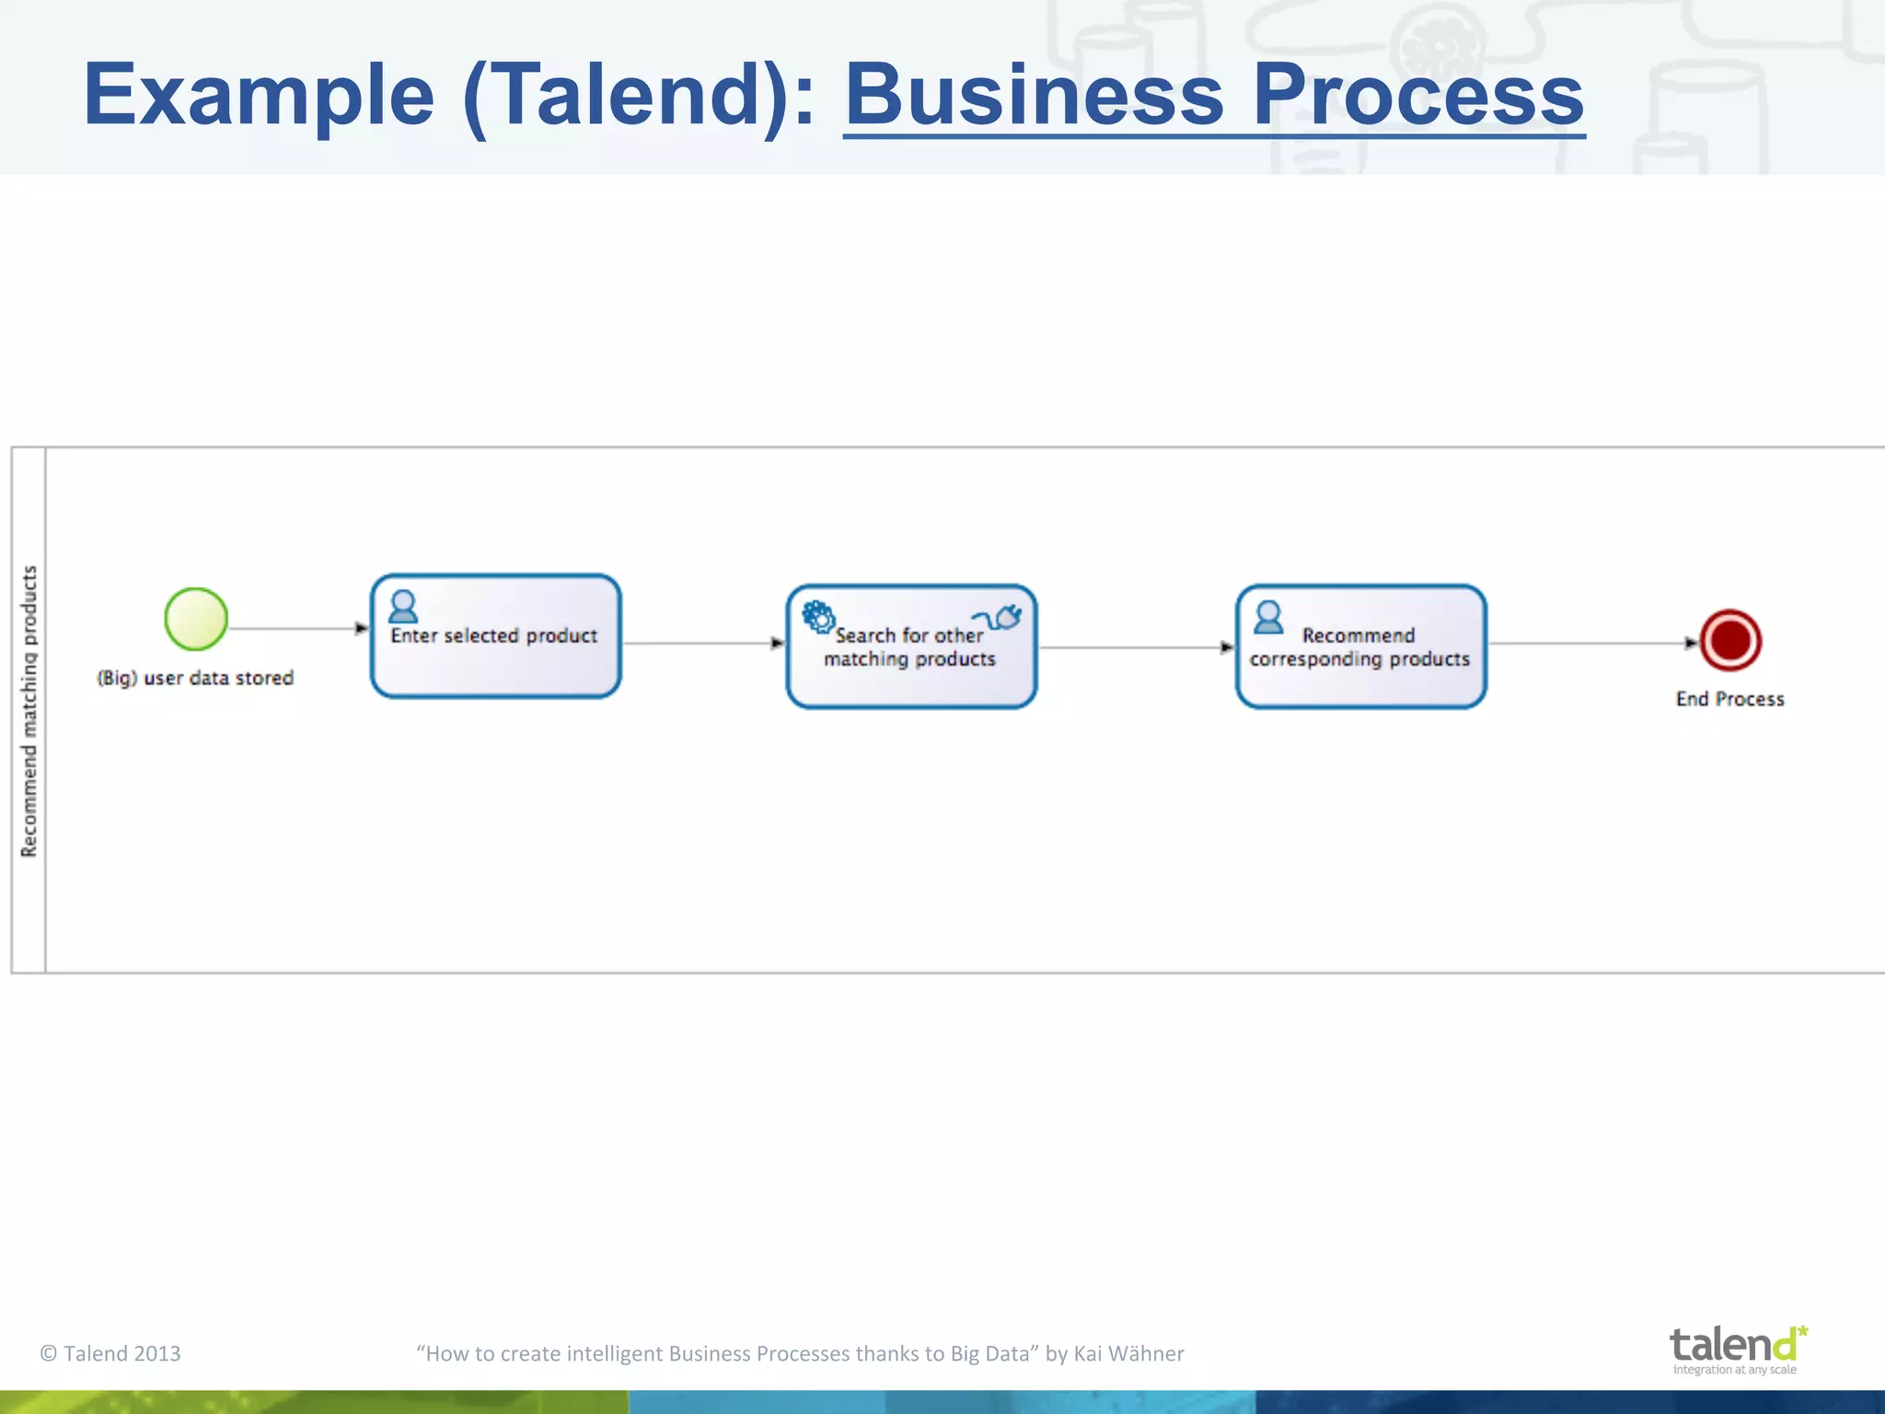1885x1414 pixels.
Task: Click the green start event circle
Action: [196, 619]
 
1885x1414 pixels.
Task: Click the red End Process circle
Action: [1730, 641]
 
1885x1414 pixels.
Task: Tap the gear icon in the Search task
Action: [817, 616]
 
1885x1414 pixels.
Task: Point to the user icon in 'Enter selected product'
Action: [403, 607]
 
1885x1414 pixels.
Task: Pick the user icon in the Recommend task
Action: [1268, 617]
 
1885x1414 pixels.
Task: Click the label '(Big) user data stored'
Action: [195, 678]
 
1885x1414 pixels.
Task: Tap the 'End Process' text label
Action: [1729, 700]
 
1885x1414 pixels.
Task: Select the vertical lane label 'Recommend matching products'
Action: [29, 711]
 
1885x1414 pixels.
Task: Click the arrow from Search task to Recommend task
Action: [1137, 647]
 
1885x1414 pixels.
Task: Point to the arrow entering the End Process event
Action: [1592, 643]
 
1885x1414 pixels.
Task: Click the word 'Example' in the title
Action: [259, 95]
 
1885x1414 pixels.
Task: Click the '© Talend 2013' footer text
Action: [110, 1353]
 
